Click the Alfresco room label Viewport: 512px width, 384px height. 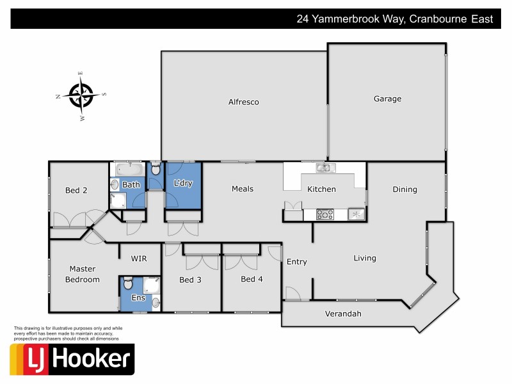coord(244,102)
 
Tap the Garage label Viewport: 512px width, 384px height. coord(387,99)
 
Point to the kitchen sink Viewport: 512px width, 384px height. coord(324,168)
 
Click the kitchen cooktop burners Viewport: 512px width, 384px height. coord(324,214)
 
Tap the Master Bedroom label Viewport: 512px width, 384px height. coord(84,274)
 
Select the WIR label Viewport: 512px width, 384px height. coord(140,259)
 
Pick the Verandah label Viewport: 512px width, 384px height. coord(343,314)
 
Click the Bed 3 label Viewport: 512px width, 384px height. coord(190,280)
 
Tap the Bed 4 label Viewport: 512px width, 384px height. coord(252,279)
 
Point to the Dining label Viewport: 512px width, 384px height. coord(404,189)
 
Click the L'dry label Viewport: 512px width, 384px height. coord(183,184)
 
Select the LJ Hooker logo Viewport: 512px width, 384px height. coord(72,359)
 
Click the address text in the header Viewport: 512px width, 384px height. coord(394,19)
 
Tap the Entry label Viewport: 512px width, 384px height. coord(297,262)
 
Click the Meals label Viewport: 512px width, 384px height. coord(243,189)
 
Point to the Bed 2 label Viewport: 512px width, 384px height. coord(76,190)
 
